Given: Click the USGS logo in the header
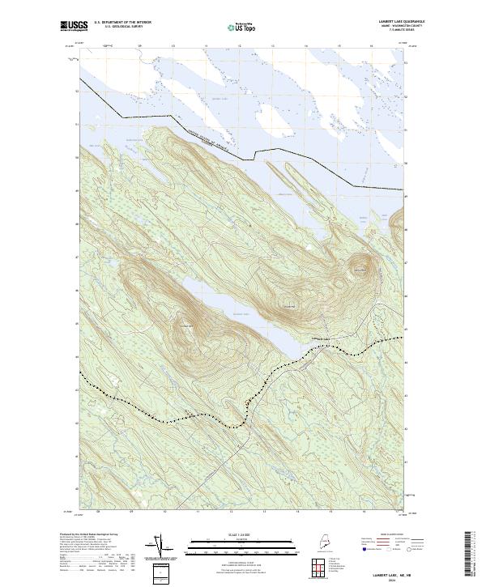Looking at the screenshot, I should coord(72,27).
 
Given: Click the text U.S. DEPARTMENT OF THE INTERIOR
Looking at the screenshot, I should coord(122,23).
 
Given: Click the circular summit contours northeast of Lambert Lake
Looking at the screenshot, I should coord(360,268).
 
